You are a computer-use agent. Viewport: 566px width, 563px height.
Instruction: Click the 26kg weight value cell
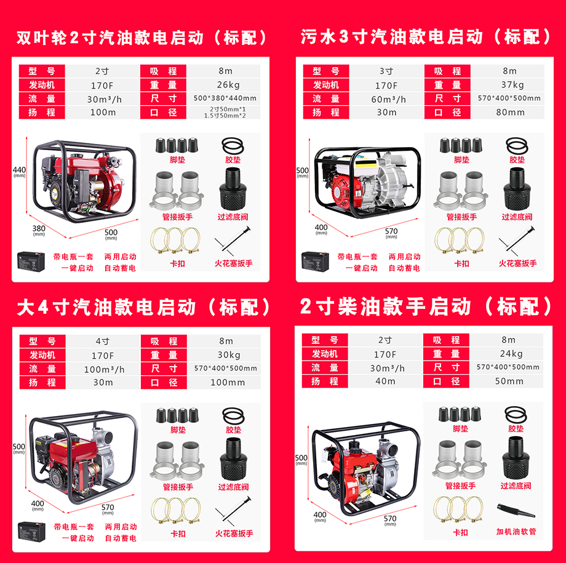point(228,85)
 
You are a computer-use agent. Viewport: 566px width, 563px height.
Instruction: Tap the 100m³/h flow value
point(105,369)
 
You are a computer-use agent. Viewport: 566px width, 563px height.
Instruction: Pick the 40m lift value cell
point(385,381)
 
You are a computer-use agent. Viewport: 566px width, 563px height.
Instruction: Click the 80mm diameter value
point(510,113)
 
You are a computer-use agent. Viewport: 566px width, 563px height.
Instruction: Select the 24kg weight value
point(511,354)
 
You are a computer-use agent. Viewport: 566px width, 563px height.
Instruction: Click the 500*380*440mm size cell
point(225,98)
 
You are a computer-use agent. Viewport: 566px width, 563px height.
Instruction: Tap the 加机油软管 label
point(516,532)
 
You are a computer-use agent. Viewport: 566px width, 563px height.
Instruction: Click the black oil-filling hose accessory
point(516,511)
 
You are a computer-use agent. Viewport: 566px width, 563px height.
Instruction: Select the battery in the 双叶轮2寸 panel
point(31,262)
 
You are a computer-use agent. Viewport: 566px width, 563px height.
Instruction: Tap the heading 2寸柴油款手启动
point(386,306)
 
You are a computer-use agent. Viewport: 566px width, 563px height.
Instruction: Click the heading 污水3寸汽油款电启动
point(392,37)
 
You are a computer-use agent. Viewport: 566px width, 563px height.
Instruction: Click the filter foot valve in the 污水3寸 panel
point(517,189)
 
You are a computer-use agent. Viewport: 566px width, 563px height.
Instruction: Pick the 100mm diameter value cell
point(228,383)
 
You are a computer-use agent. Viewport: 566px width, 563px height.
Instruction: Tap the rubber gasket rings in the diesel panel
point(516,415)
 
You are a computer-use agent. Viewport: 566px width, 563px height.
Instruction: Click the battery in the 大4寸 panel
point(32,532)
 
